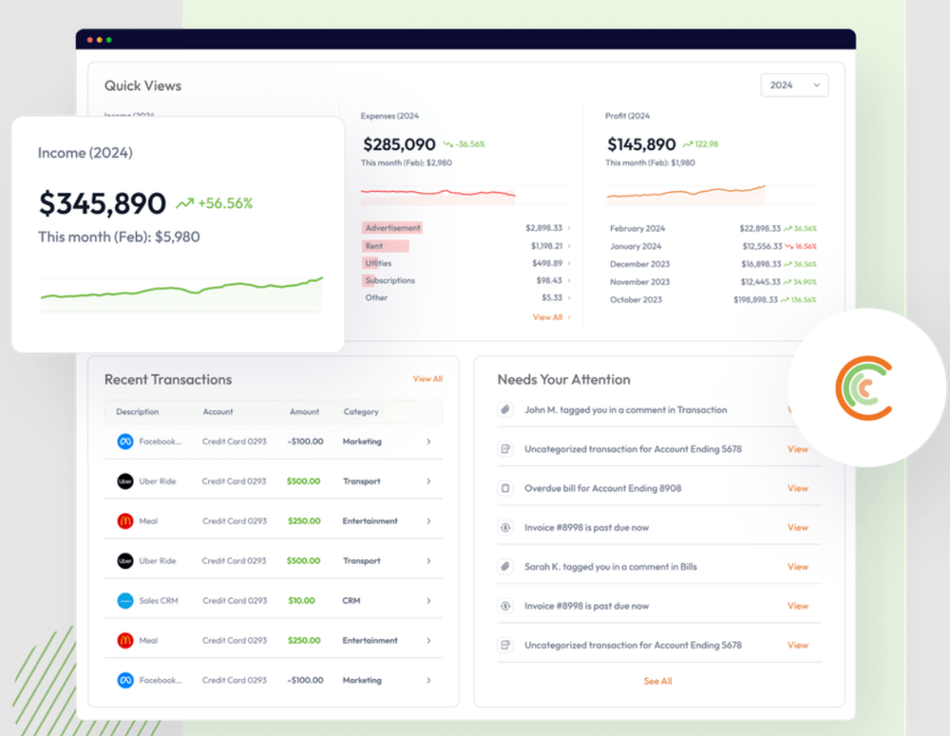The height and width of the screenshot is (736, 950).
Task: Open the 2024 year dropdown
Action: (794, 85)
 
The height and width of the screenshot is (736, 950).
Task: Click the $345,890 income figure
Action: (103, 203)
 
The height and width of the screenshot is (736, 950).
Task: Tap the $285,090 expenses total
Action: (399, 144)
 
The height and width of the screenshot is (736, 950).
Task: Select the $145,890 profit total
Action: (642, 144)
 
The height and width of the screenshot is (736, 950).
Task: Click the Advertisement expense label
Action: (392, 228)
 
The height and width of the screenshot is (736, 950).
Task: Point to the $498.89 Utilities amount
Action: (546, 263)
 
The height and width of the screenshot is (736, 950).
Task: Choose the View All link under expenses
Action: (548, 317)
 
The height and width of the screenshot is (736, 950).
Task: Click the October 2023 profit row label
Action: (639, 299)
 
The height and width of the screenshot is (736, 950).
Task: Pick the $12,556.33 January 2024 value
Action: (760, 246)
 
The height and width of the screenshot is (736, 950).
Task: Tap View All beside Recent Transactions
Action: (427, 379)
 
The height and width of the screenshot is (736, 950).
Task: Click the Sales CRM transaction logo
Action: (124, 600)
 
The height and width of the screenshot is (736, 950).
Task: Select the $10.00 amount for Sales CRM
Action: (301, 600)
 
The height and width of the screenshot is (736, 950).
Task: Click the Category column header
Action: (361, 412)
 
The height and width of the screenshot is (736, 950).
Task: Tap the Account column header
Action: (218, 412)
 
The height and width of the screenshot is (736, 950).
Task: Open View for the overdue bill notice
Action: (797, 488)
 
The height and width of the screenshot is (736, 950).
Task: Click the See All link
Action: (657, 681)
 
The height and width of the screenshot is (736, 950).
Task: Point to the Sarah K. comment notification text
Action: (610, 567)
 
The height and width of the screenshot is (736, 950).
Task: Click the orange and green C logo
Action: (864, 387)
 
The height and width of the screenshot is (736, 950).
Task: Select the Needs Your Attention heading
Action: (563, 380)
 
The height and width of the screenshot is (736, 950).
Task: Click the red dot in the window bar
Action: (90, 40)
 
